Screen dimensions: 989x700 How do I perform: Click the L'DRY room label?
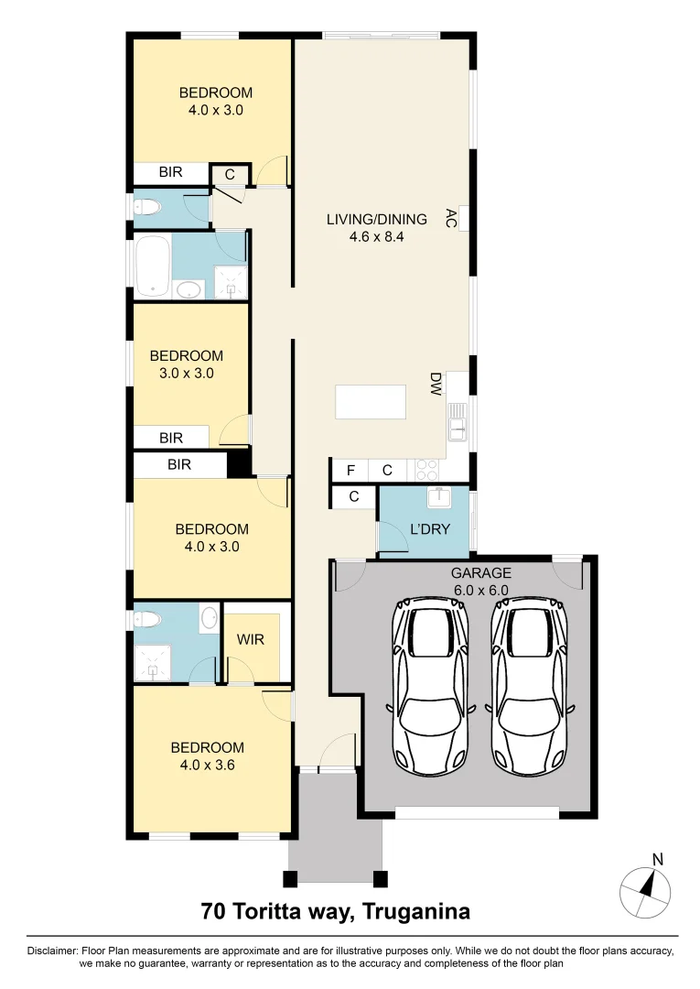point(425,529)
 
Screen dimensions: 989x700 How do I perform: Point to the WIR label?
point(251,639)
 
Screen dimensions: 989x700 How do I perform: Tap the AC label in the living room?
point(450,218)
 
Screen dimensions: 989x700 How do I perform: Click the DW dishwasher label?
point(436,384)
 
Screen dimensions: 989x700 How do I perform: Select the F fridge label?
point(350,471)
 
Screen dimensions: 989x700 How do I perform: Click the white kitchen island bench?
point(371,402)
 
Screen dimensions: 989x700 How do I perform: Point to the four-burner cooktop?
point(427,470)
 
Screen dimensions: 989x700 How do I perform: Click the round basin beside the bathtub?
point(189,290)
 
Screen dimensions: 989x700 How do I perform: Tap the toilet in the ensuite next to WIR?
point(146,620)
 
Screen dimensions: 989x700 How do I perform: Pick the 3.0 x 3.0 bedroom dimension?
point(187,373)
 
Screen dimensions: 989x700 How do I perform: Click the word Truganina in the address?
point(417,912)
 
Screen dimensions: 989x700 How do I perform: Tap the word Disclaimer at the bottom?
point(53,951)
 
